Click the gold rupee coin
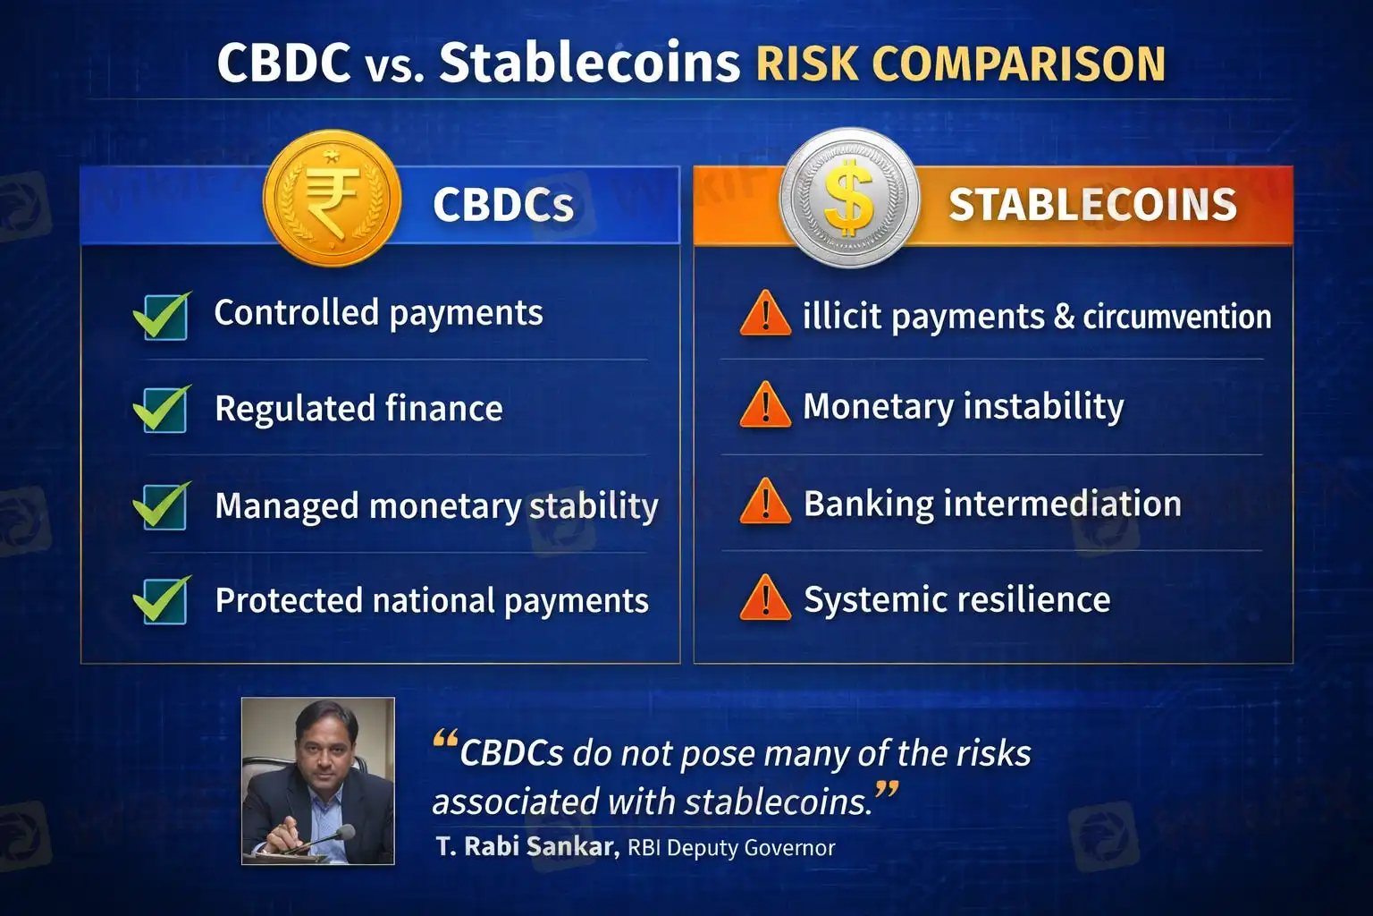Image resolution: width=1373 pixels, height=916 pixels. tap(333, 199)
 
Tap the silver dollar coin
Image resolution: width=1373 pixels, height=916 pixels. tap(849, 198)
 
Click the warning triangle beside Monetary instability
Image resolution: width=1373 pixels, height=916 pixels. tap(765, 404)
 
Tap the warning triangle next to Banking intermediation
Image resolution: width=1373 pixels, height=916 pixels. tap(765, 501)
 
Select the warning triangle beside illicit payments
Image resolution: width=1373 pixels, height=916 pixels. tap(765, 313)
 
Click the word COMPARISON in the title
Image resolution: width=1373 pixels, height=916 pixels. tap(1018, 64)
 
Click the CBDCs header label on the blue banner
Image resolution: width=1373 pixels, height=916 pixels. tap(503, 204)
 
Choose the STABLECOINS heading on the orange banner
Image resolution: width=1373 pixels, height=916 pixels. tap(1093, 204)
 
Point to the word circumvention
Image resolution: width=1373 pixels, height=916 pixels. tap(1177, 317)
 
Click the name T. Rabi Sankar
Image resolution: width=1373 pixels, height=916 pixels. tap(527, 846)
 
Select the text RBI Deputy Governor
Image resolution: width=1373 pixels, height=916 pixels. tap(731, 848)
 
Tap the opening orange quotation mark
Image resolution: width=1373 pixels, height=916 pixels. tap(446, 737)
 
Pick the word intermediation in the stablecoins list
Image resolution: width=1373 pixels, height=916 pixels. tap(1062, 503)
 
